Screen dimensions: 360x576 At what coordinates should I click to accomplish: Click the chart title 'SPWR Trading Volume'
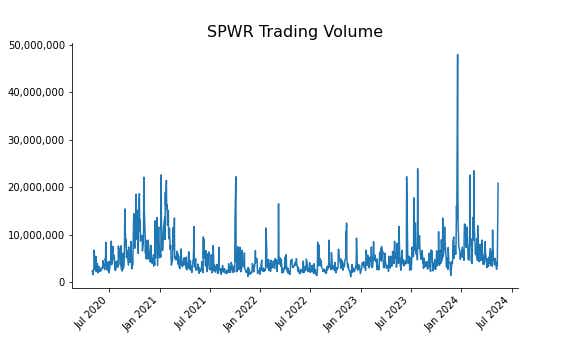[294, 32]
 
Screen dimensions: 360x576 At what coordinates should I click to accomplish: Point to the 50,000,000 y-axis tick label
[37, 45]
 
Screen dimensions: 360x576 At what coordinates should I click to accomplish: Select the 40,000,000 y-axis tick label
[37, 93]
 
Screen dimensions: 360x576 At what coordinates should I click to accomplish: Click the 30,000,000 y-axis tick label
[37, 140]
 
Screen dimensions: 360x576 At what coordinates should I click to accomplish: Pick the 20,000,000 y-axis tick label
[37, 188]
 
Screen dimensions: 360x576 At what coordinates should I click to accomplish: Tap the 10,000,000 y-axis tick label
[37, 235]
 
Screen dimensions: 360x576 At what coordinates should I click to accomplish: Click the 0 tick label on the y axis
[62, 283]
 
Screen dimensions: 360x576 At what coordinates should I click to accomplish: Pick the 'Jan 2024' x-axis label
[445, 313]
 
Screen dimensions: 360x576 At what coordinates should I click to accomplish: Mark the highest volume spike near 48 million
[458, 56]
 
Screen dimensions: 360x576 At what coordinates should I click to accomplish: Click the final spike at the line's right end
[498, 184]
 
